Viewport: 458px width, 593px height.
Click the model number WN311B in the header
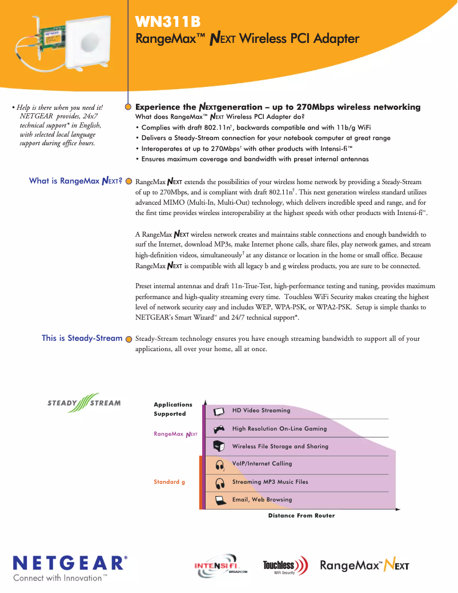(x=168, y=22)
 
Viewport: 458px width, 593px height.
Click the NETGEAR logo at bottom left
(x=70, y=562)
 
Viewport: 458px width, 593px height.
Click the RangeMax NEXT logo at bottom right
(x=364, y=566)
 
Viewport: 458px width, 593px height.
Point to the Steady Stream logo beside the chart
(x=84, y=403)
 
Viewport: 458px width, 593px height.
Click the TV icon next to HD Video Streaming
(x=219, y=411)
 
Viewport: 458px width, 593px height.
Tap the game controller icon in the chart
(x=219, y=429)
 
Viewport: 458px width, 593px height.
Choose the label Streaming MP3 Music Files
(x=270, y=482)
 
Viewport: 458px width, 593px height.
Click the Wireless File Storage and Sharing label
(x=280, y=447)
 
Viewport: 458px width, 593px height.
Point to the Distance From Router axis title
(x=302, y=516)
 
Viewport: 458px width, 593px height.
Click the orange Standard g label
(x=169, y=482)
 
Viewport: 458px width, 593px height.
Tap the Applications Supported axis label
(x=173, y=409)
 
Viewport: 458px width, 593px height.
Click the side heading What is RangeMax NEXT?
(x=75, y=181)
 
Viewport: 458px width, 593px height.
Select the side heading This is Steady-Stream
(x=82, y=338)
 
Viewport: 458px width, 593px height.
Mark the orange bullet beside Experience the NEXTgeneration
(x=128, y=107)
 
